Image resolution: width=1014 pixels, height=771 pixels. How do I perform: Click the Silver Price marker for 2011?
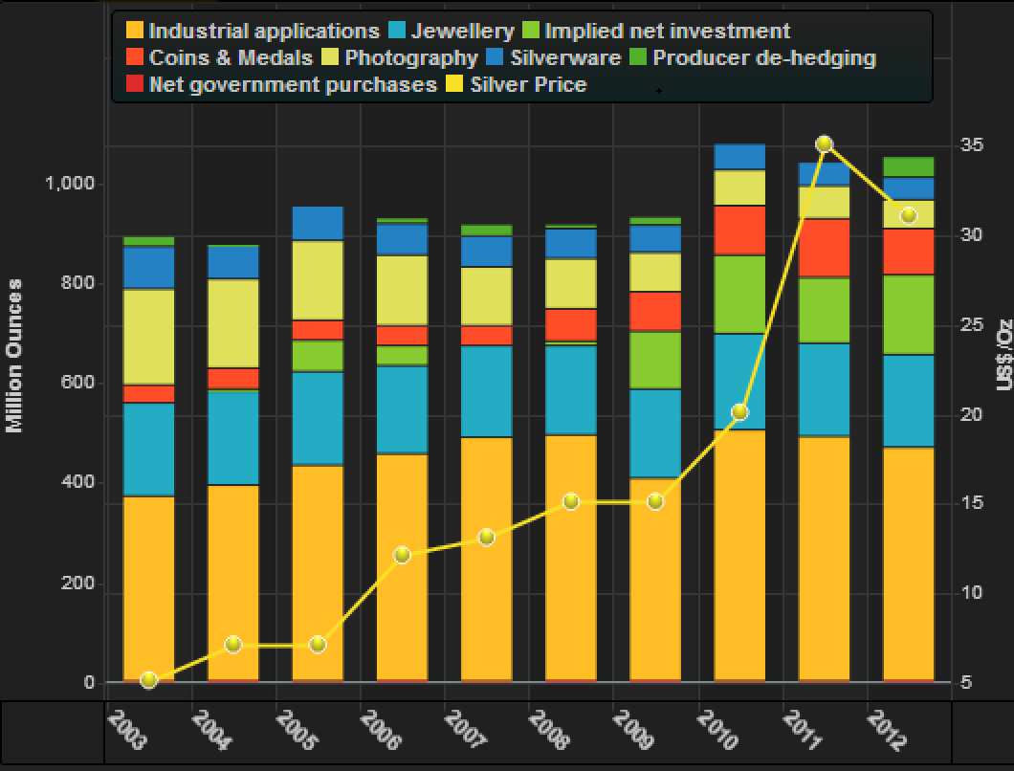point(824,144)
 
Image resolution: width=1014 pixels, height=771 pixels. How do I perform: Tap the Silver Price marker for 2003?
point(148,680)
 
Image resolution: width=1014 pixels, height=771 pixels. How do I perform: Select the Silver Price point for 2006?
point(402,555)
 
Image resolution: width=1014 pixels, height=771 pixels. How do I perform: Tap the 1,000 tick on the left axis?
point(69,184)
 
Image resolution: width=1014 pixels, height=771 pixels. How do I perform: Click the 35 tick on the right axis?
point(972,145)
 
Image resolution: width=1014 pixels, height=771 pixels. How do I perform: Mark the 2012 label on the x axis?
point(885,729)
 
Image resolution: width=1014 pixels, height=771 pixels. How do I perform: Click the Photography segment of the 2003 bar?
point(148,337)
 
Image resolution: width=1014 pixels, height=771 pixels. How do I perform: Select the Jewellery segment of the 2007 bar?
point(486,391)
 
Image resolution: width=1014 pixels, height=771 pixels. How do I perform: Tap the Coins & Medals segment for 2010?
point(739,231)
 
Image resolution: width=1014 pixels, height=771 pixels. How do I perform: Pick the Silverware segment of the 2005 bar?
point(318,223)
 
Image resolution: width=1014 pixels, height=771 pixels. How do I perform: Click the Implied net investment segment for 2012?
point(908,315)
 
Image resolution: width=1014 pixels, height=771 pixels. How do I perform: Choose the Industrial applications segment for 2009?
point(655,579)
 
